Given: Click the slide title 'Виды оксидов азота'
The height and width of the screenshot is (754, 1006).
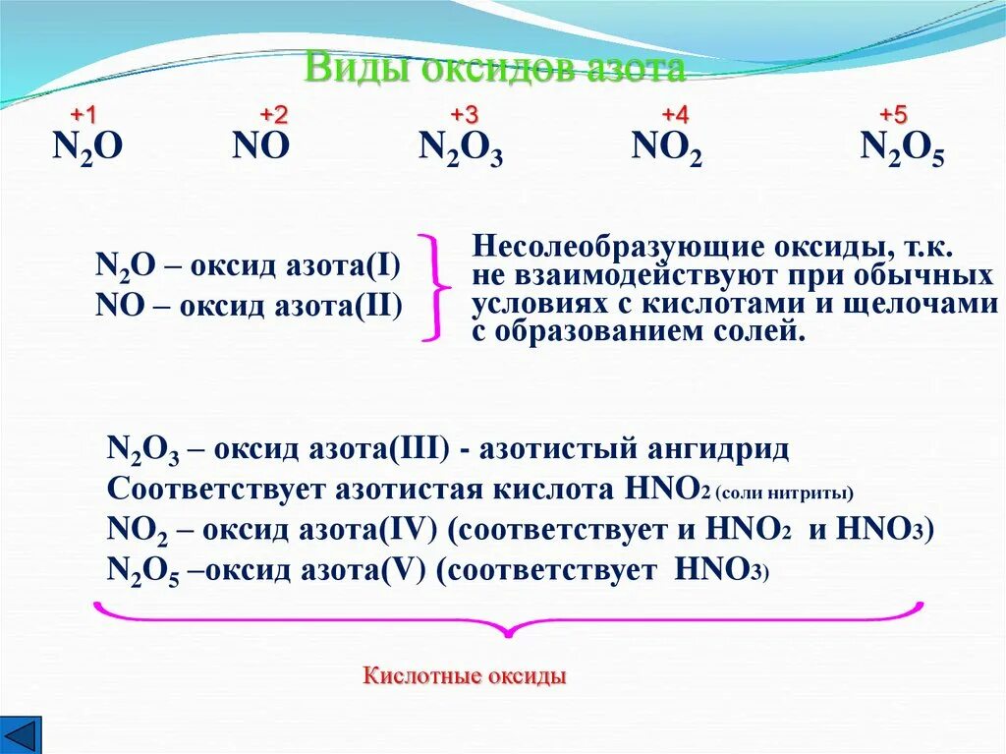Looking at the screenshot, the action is point(494,69).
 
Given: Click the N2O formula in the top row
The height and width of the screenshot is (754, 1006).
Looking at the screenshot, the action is point(87,148).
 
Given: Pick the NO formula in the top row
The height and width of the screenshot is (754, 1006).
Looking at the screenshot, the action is point(261,147).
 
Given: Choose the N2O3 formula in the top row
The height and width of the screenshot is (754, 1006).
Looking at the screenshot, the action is point(461,149).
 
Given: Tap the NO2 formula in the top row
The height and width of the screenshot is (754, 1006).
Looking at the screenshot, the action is point(666,149).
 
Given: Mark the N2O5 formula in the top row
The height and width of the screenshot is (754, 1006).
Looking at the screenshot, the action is point(902,149).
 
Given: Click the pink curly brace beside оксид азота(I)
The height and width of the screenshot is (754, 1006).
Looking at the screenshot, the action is point(434,287).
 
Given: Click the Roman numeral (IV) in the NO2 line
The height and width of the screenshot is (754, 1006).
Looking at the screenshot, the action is point(417,531).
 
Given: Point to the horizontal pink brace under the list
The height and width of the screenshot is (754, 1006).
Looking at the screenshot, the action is point(508,618).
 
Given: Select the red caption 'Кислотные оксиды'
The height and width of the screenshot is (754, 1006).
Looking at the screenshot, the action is point(465,677).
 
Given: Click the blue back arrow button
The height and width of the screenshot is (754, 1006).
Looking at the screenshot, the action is point(21,733).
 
